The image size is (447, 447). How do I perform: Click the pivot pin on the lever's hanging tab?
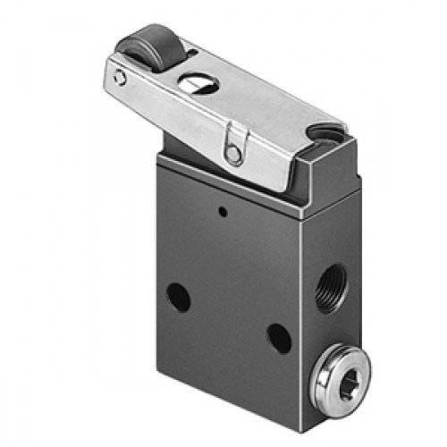(x=233, y=154)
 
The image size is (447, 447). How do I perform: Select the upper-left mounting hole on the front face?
(x=179, y=298)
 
